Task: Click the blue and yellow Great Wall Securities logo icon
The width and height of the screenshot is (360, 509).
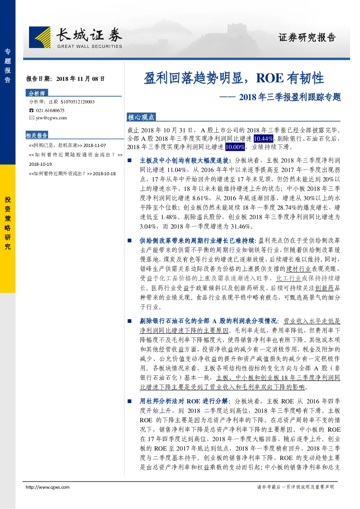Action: pos(40,37)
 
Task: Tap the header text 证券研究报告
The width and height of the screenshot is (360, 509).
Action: pos(307,37)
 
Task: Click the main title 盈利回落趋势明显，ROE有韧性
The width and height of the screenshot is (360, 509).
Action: pos(234,78)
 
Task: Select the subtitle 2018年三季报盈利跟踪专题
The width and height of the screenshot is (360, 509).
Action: pos(290,97)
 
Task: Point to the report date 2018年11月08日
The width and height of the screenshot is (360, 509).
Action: pos(80,79)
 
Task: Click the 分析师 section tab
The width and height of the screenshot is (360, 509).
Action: pos(37,93)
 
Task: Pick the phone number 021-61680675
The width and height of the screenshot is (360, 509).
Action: pos(50,110)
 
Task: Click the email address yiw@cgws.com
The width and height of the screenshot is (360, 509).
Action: pos(52,118)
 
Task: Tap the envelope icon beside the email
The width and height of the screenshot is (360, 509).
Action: pos(32,118)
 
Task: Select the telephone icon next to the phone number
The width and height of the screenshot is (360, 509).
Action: pos(31,110)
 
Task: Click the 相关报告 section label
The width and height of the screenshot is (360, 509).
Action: pos(37,135)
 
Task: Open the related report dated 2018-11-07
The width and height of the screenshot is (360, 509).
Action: pos(67,145)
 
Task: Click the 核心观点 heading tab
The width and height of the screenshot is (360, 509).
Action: pos(141,117)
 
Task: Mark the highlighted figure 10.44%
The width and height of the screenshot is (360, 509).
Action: pos(263,138)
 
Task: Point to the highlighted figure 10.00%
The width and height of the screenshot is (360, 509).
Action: pos(235,147)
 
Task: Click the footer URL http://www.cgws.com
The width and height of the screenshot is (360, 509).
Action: pos(48,487)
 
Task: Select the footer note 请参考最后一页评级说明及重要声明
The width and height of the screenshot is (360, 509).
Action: pos(295,487)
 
